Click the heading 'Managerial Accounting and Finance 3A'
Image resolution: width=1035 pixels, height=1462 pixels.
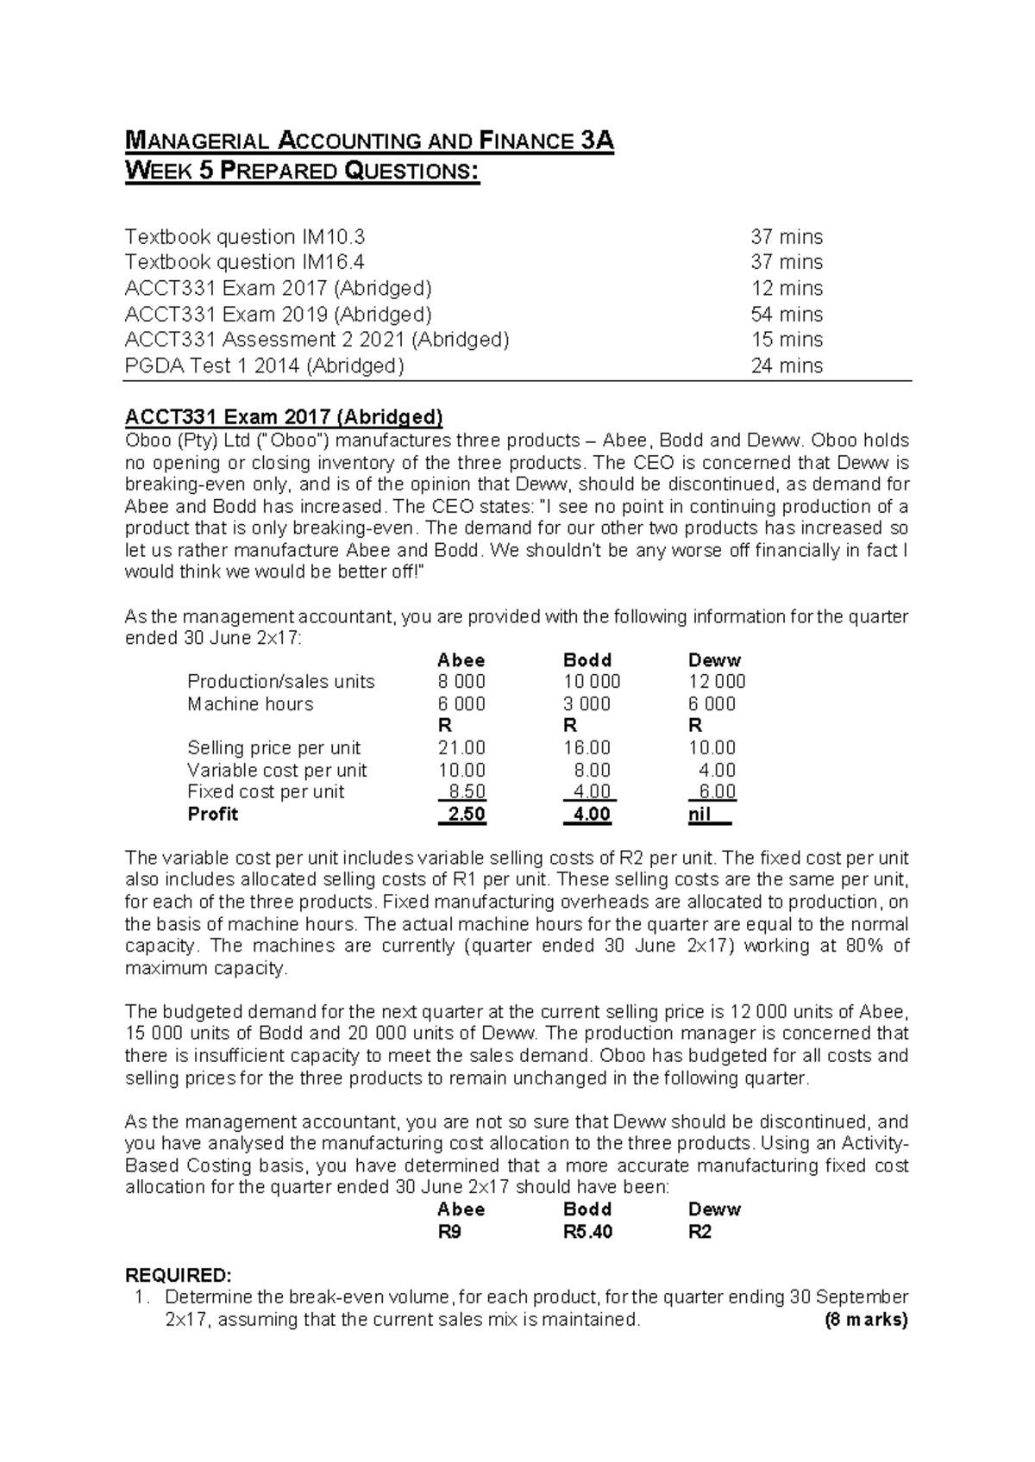point(369,141)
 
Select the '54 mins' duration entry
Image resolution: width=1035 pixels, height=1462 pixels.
point(787,314)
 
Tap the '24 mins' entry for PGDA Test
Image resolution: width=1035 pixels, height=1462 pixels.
point(787,365)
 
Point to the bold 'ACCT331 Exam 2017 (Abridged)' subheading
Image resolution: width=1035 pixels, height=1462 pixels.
point(284,418)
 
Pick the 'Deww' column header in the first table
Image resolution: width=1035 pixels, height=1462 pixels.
point(714,660)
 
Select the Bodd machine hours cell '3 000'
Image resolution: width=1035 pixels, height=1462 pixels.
point(586,704)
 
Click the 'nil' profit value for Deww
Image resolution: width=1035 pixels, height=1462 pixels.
point(699,815)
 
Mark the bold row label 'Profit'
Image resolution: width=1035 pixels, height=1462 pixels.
point(212,815)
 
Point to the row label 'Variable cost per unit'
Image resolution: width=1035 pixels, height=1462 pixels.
point(277,771)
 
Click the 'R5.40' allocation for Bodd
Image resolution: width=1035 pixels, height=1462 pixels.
point(587,1232)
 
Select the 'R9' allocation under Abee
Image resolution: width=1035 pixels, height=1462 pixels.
point(449,1232)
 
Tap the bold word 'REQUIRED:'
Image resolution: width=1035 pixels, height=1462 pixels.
point(178,1275)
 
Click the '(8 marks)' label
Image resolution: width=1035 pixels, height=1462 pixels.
point(866,1320)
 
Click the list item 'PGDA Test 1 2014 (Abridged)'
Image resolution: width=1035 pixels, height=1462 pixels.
point(264,365)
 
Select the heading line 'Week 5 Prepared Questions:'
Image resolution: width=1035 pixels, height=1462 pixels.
point(301,171)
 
